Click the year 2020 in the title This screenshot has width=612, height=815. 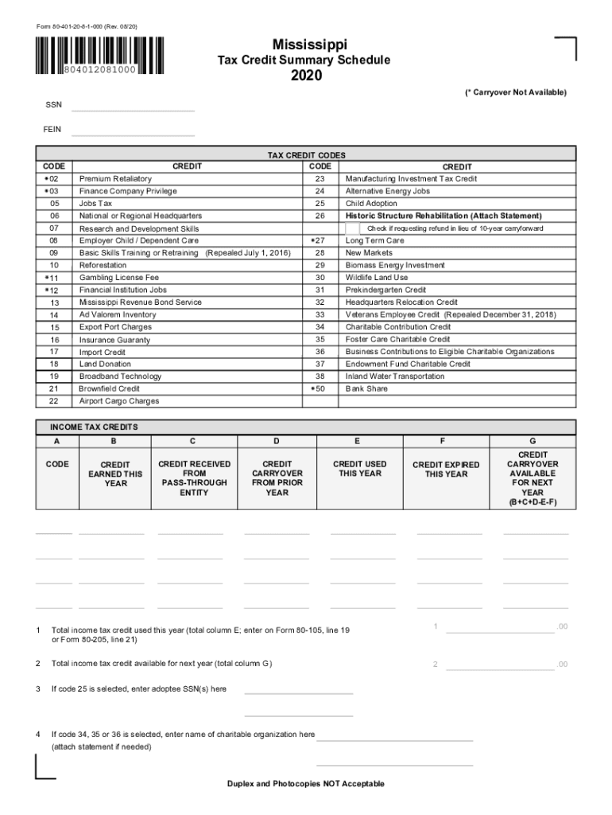pos(306,76)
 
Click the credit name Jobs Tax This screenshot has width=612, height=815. pos(95,204)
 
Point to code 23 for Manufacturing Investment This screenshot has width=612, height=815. pos(320,179)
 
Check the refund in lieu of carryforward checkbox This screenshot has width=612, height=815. pos(352,229)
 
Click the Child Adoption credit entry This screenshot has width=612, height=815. pos(371,204)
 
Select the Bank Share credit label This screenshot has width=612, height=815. pos(366,389)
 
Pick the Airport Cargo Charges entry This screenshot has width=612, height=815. pos(118,401)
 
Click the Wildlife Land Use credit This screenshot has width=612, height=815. pos(376,278)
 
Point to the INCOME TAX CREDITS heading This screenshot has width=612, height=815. pos(94,427)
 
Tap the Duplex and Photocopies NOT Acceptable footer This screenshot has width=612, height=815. pos(305,784)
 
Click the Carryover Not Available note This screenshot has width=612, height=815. pos(516,93)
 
